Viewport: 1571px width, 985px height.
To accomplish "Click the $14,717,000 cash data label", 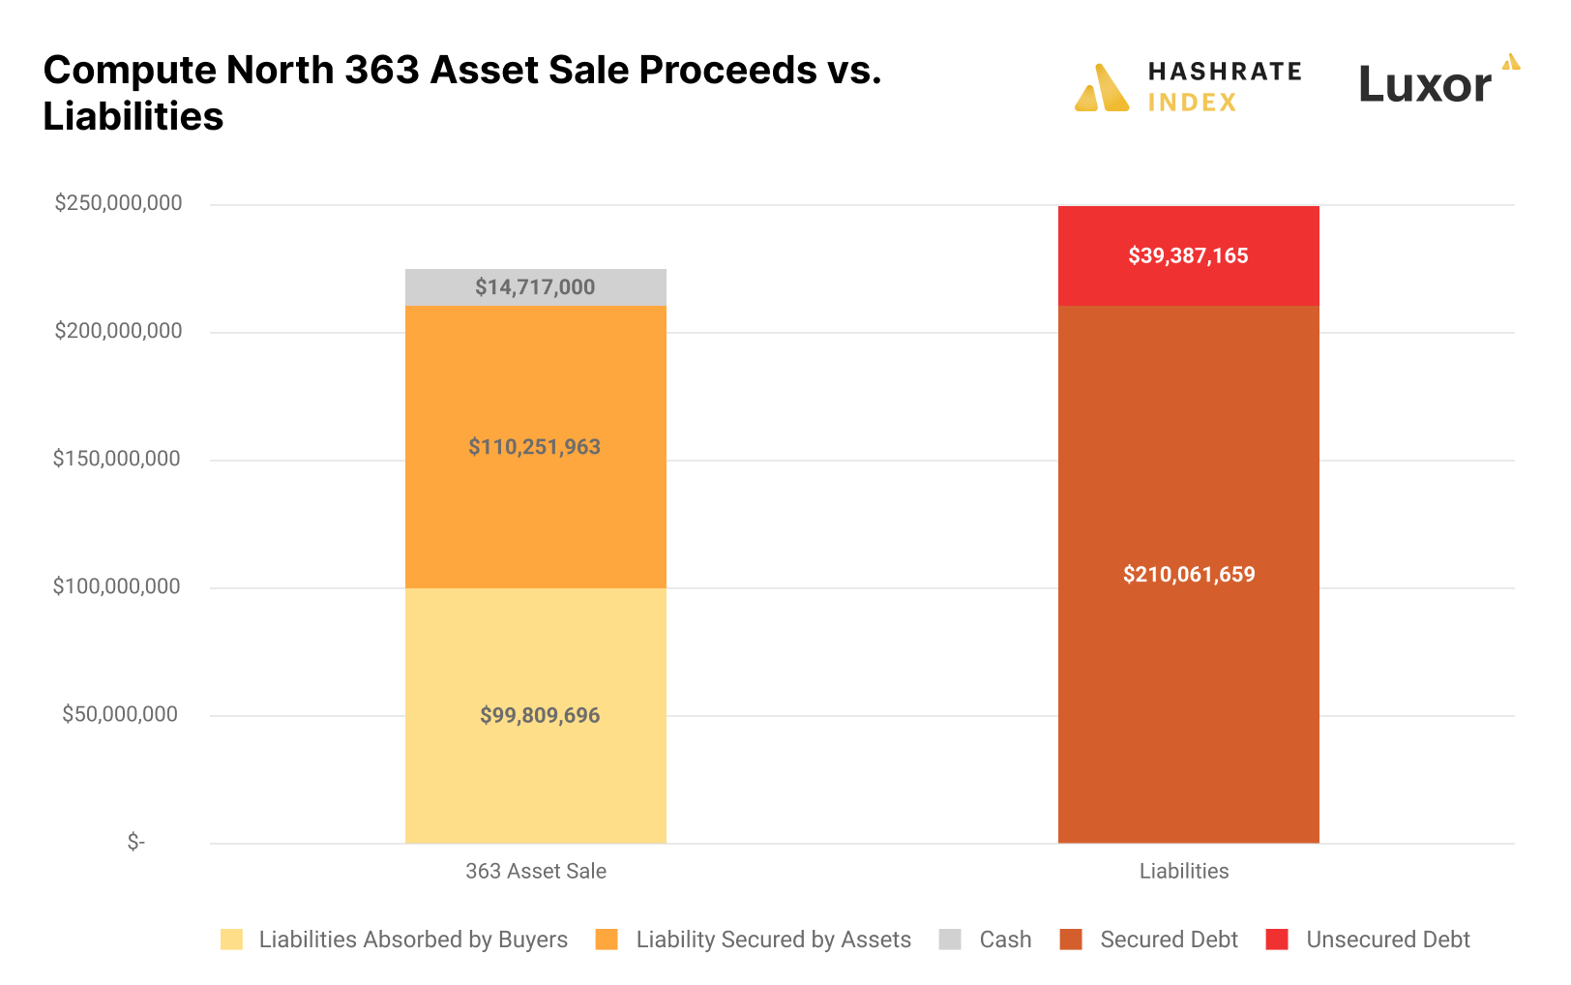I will (535, 287).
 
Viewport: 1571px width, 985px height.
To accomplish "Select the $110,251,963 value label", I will (534, 447).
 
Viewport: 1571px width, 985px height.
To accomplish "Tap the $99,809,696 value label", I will (540, 716).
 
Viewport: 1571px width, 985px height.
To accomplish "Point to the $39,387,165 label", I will (1188, 256).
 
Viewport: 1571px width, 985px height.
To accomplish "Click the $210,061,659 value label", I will (1189, 575).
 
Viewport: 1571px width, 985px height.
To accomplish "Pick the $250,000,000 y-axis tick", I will (118, 203).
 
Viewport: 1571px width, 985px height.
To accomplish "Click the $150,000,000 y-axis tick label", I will (116, 459).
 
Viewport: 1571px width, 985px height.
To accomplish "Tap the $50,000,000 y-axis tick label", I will (120, 714).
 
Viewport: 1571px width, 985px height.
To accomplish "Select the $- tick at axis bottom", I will (136, 842).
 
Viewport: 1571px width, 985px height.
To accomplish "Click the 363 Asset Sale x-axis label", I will (536, 871).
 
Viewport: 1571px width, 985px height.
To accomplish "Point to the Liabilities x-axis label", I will (1184, 871).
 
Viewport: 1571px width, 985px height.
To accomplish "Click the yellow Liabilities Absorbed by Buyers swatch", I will (231, 940).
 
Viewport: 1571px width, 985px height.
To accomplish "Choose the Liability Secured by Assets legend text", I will (773, 940).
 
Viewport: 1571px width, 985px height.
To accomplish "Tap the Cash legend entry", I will (1005, 940).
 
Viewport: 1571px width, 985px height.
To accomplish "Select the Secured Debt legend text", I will (1169, 940).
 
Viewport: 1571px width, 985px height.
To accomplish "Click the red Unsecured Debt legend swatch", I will (1277, 940).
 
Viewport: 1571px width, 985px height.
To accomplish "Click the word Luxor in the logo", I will (1425, 85).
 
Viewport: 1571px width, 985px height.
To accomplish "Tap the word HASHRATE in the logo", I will (1225, 72).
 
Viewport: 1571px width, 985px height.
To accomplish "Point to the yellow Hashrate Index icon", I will (1102, 89).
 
